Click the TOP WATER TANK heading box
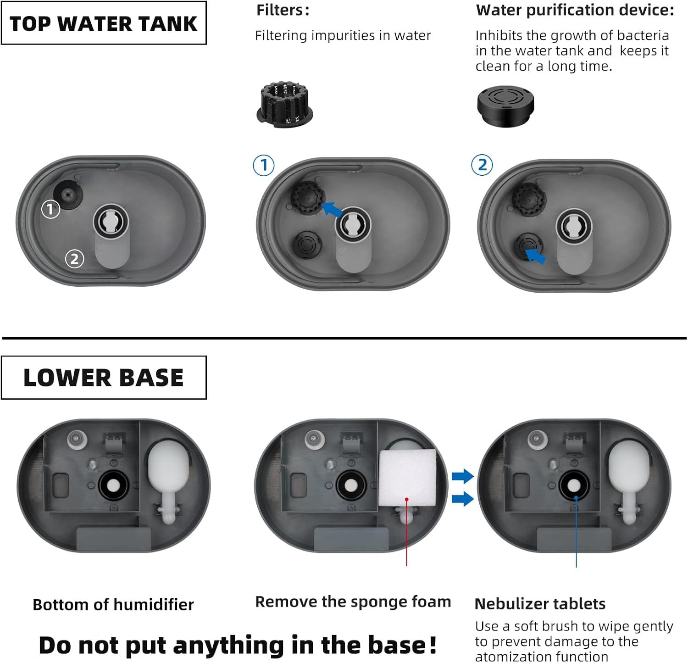[x=104, y=23]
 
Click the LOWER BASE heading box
[x=104, y=378]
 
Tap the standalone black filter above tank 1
[x=284, y=105]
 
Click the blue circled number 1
[x=264, y=165]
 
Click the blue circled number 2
[x=482, y=165]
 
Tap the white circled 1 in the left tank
[x=50, y=210]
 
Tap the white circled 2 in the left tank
[x=74, y=259]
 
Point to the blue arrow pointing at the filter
[x=332, y=209]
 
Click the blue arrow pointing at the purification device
[x=535, y=255]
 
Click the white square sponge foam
[x=407, y=478]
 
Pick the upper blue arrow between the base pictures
[x=462, y=476]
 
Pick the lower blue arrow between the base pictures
[x=462, y=498]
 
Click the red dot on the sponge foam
[x=407, y=499]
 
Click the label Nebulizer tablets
[x=540, y=603]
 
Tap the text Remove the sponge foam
[x=353, y=602]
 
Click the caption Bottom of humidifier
[x=113, y=604]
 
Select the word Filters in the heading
[x=279, y=10]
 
